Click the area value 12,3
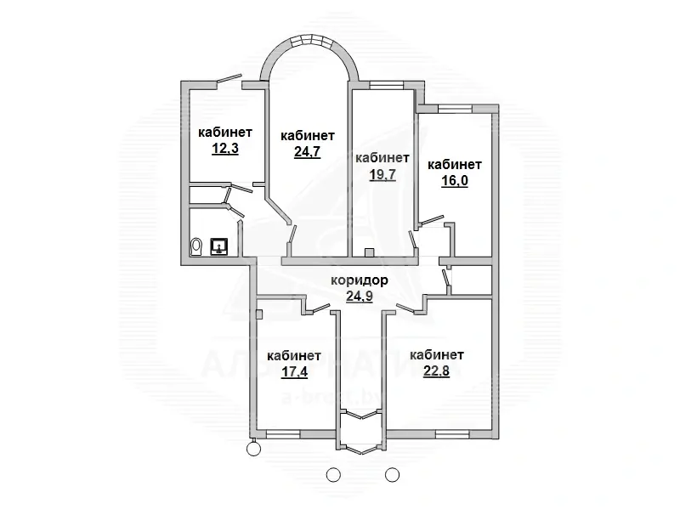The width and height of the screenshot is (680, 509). point(225,148)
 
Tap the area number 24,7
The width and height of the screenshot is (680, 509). point(307,152)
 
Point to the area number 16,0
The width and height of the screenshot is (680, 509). point(454,181)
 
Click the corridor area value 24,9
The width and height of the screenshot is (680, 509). point(361,297)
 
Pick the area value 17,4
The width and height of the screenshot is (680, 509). point(294,372)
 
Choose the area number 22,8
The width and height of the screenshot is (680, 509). point(436,371)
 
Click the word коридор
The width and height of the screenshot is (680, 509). point(361,280)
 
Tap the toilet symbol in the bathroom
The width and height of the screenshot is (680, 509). point(197,246)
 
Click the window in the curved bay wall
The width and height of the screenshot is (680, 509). point(307,40)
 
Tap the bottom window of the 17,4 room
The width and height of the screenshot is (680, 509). point(283,433)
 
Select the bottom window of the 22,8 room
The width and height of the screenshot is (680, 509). point(452,433)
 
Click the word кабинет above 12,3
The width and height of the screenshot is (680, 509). point(225,132)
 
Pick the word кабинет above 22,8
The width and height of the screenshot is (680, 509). point(436,354)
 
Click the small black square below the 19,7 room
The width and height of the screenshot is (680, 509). point(368,252)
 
